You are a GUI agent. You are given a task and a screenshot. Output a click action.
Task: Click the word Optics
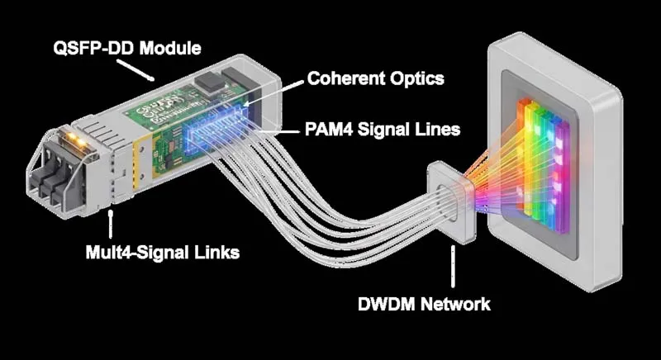(420, 79)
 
